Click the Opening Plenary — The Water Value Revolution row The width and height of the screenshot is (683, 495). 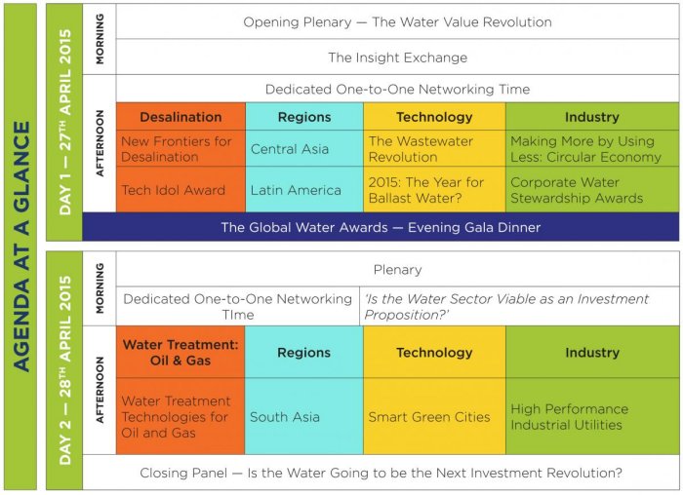tap(397, 21)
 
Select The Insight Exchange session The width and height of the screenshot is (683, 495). tap(397, 57)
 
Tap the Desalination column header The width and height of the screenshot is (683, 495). tap(181, 117)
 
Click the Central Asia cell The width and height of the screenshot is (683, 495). tap(304, 149)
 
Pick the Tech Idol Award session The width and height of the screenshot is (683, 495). tap(181, 190)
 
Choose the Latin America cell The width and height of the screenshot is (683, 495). tap(304, 190)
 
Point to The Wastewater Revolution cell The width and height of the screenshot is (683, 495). tap(434, 149)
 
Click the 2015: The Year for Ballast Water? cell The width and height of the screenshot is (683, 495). tap(434, 190)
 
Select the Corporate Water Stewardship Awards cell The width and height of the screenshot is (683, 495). tap(592, 190)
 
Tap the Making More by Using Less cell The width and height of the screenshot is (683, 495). tap(592, 149)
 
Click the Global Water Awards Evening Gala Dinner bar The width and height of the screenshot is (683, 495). tap(381, 227)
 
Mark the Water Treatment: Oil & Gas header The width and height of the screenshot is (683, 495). tap(181, 353)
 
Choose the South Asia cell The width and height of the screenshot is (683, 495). tap(304, 416)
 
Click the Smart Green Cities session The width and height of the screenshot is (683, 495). tap(434, 416)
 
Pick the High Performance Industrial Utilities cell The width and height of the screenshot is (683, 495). tap(592, 416)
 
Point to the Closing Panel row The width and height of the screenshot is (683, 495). tap(381, 473)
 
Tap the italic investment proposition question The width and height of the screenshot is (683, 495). tap(506, 307)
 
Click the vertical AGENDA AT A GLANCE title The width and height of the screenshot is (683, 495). tap(20, 247)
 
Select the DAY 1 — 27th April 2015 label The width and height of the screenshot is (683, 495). tap(64, 122)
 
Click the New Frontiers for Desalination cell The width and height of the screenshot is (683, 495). tap(181, 149)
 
